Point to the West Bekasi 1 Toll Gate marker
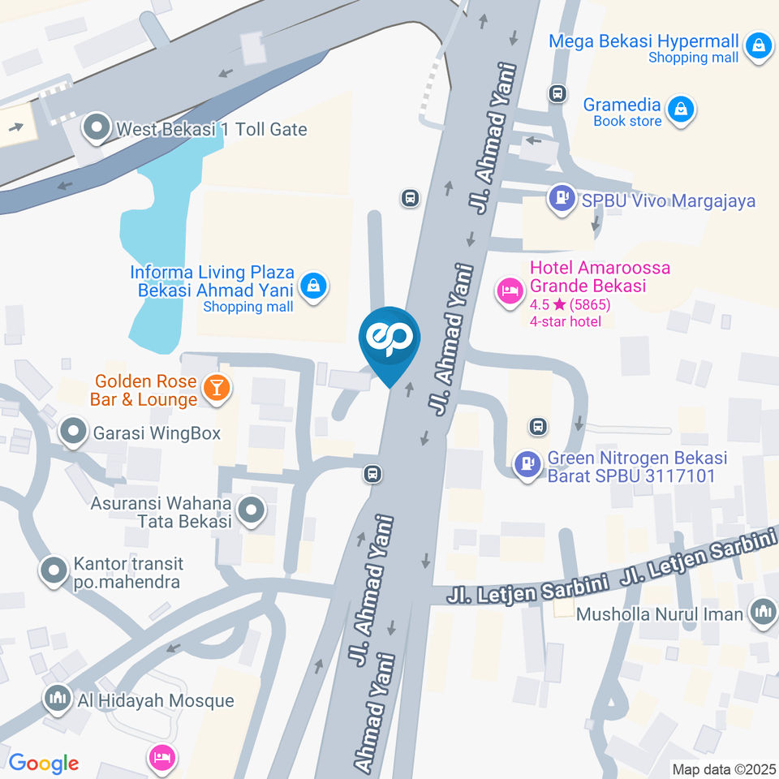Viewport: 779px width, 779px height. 97,127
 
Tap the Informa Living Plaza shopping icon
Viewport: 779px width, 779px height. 312,285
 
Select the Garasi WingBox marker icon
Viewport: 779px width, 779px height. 74,431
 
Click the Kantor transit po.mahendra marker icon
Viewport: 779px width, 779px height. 54,570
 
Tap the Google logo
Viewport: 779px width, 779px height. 44,764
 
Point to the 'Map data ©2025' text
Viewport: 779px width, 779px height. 723,768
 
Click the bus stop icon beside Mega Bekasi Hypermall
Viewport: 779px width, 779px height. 557,93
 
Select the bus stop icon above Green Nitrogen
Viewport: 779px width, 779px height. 536,425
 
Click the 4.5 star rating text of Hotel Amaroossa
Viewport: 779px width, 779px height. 570,305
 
